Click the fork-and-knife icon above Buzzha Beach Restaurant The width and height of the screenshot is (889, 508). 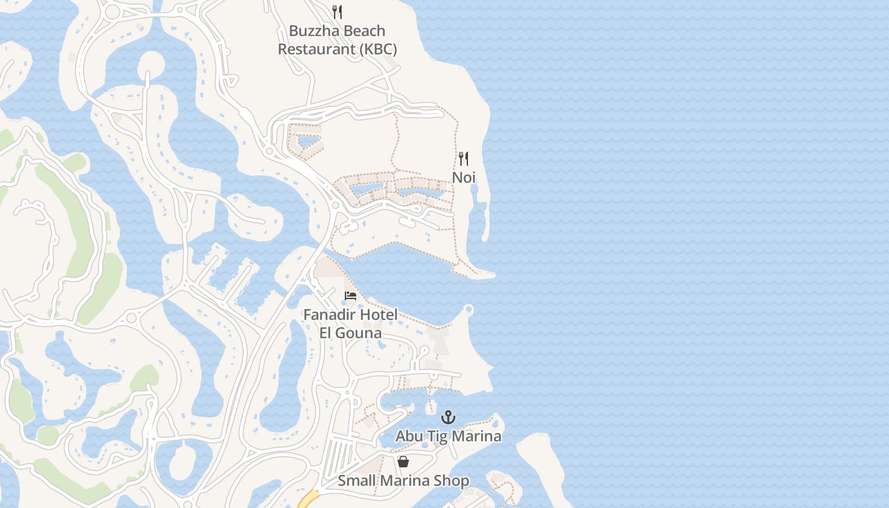(x=337, y=12)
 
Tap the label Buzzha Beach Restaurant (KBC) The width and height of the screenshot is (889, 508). (x=337, y=40)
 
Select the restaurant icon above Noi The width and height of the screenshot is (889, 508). (x=464, y=159)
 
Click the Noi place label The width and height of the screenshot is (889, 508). (x=464, y=178)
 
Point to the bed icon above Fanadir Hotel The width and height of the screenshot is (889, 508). (x=350, y=296)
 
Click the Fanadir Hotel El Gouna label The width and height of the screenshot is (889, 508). (x=351, y=324)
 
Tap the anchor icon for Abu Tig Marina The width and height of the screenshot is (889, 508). (x=448, y=417)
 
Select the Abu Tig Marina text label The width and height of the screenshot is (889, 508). (x=448, y=436)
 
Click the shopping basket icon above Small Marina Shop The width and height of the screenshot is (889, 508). (x=403, y=462)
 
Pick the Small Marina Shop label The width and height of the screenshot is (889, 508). (x=403, y=481)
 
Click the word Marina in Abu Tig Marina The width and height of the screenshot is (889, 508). (x=478, y=436)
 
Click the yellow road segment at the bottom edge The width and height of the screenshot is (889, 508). (x=308, y=499)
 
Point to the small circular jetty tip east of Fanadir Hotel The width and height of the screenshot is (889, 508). (x=469, y=309)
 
